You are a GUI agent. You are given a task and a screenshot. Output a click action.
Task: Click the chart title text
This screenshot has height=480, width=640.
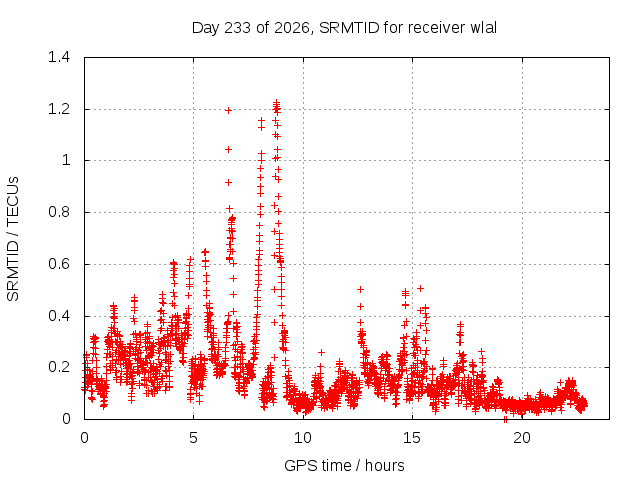click(x=344, y=28)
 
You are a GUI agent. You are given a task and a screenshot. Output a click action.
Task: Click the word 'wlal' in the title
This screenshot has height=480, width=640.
click(x=484, y=28)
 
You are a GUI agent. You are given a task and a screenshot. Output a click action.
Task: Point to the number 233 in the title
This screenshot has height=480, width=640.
click(x=238, y=28)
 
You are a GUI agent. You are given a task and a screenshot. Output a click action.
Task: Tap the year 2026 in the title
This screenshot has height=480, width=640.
click(x=291, y=28)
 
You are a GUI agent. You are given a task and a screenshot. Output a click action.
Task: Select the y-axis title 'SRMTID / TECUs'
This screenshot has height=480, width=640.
click(x=13, y=239)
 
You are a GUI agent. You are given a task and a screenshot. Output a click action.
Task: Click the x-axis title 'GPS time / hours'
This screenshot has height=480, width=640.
click(x=344, y=465)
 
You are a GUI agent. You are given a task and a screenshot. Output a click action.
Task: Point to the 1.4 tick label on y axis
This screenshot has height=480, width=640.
click(x=59, y=57)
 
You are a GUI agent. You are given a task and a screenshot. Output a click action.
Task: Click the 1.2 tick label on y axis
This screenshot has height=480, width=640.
click(x=59, y=109)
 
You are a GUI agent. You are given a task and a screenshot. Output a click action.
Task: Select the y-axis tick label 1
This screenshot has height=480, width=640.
click(x=66, y=160)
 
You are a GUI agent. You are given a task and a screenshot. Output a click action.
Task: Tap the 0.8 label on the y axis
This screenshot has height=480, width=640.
click(x=59, y=212)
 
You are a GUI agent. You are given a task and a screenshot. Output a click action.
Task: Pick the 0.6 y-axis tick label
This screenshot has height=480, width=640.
click(x=59, y=264)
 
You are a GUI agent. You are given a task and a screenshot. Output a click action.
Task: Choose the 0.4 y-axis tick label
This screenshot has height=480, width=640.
click(x=59, y=316)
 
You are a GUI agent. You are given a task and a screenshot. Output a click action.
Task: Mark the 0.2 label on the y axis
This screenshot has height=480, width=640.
click(x=59, y=367)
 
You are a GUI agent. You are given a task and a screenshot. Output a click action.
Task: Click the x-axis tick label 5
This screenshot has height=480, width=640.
click(x=193, y=438)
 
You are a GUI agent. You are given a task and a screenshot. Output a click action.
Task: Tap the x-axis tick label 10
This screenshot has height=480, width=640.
click(x=303, y=438)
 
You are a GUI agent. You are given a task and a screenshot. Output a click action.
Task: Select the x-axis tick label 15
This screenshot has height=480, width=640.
click(x=412, y=438)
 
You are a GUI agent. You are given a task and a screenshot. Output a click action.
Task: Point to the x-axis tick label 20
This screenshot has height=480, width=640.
click(x=522, y=438)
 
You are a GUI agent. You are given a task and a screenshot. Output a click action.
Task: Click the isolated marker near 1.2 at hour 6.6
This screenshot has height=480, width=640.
click(x=229, y=110)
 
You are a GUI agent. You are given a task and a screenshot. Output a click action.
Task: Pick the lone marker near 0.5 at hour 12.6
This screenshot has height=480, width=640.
click(x=360, y=289)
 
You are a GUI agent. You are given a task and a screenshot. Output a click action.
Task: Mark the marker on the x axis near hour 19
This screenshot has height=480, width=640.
click(x=505, y=419)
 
